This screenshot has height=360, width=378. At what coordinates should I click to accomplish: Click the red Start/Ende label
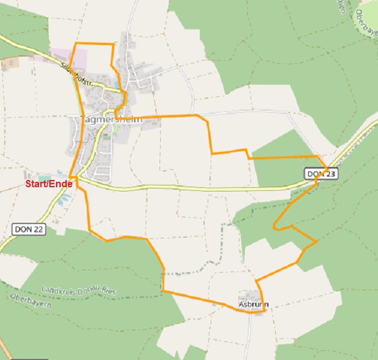pos(49,184)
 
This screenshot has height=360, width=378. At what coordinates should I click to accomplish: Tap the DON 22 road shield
pos(28,229)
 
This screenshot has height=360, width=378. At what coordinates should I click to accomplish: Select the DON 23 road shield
pos(320,174)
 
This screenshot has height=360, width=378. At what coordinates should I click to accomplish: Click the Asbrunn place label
pos(253,305)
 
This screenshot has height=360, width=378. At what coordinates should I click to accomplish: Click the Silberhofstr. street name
pos(75,74)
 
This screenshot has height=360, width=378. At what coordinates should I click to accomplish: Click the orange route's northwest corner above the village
pos(73,44)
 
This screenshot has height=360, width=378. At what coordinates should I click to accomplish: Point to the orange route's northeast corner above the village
pos(113,45)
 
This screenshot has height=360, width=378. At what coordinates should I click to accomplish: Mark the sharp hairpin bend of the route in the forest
pos(275,228)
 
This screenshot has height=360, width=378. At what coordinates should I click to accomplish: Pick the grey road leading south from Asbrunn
pos(248,337)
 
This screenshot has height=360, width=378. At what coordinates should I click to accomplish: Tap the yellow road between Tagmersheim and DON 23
pos(199,188)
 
